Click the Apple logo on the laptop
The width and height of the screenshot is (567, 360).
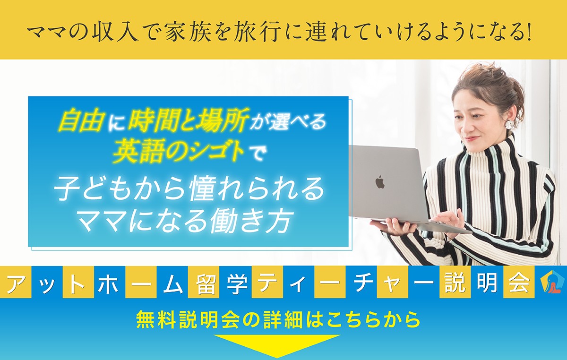pos(380,182)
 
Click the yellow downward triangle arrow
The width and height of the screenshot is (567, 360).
pos(277,346)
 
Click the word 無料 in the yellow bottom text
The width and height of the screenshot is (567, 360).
pos(157,320)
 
